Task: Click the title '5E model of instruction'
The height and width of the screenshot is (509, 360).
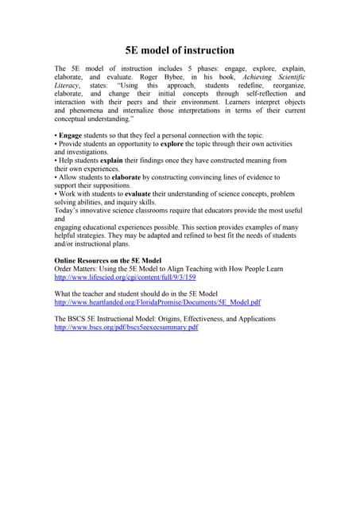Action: pos(180,50)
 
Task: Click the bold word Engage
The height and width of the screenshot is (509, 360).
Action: pos(72,136)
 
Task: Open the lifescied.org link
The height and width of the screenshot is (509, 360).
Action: pos(125,278)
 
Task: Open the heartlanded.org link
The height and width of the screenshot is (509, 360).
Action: pos(157,303)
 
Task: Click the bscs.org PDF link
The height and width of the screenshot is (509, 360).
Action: pos(126,328)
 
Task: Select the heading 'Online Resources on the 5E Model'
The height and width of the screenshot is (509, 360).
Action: pos(107,261)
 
